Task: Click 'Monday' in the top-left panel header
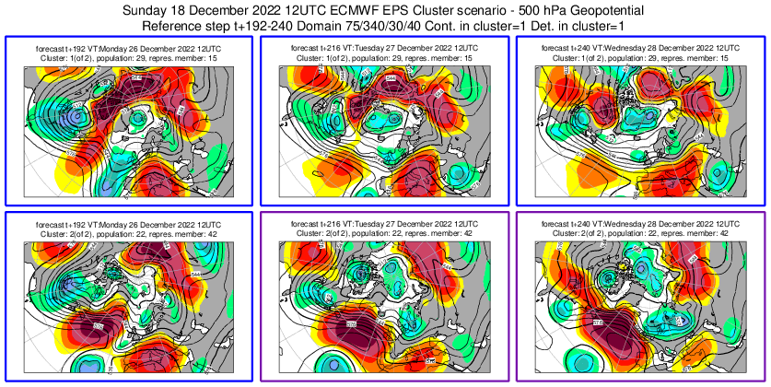click(x=114, y=46)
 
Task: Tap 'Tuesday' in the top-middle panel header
click(x=370, y=46)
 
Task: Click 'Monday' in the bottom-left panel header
click(x=114, y=223)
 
